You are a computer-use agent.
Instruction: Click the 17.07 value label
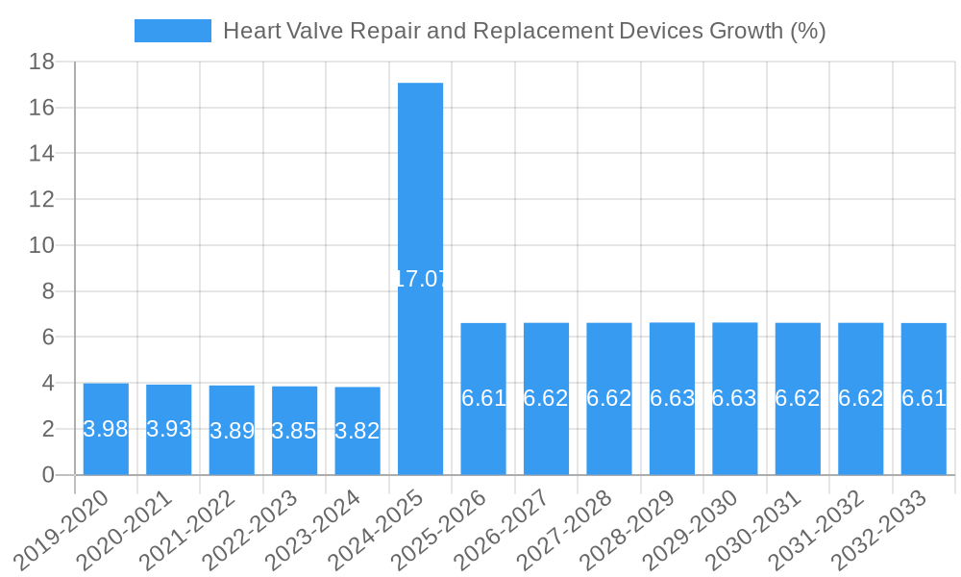(420, 280)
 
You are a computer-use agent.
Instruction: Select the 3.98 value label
(106, 430)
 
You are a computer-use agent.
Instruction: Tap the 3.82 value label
(357, 431)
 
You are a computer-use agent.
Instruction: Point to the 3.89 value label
(232, 431)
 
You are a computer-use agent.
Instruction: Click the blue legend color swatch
(172, 31)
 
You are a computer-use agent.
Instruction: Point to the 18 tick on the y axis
(41, 63)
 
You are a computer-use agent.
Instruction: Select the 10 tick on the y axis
(41, 245)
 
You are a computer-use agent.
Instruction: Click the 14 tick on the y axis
(41, 154)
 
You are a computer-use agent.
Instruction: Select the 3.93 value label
(169, 430)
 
